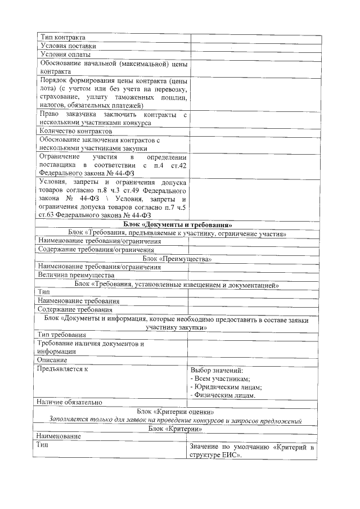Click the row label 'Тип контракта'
pyautogui.click(x=62, y=38)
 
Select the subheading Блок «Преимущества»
pyautogui.click(x=177, y=259)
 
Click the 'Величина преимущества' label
pyautogui.click(x=76, y=276)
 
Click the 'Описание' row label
pyautogui.click(x=52, y=360)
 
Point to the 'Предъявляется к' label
pyautogui.click(x=62, y=370)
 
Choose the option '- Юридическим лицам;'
pyautogui.click(x=227, y=388)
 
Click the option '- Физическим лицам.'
pyautogui.click(x=224, y=395)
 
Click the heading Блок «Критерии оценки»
pyautogui.click(x=177, y=412)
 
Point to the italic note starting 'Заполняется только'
pyautogui.click(x=177, y=420)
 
